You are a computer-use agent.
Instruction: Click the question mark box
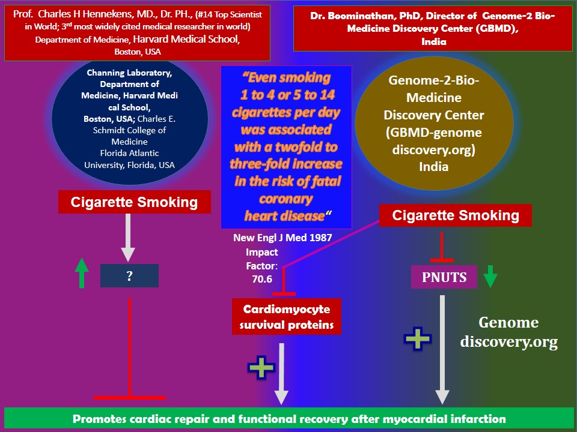(x=129, y=275)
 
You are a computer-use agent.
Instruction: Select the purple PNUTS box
(x=443, y=278)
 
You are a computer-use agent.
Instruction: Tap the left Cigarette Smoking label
(x=134, y=202)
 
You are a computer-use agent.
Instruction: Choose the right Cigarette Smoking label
(x=456, y=215)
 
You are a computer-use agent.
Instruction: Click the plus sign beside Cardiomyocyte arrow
(x=261, y=367)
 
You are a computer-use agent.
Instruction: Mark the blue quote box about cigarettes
(x=286, y=146)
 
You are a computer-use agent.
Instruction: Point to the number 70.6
(x=263, y=278)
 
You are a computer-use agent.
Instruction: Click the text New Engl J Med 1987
(x=282, y=238)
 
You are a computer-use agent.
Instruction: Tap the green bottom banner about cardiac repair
(x=288, y=419)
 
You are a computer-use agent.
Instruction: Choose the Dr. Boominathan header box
(x=433, y=28)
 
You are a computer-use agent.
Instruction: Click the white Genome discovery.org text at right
(x=508, y=332)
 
